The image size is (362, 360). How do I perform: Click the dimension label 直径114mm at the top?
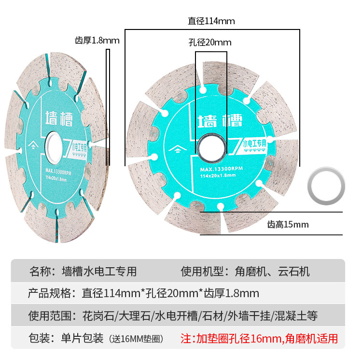point(211,21)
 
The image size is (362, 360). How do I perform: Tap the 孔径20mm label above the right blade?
point(209,43)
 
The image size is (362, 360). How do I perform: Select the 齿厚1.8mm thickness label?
point(97,40)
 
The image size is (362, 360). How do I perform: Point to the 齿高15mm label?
point(288,224)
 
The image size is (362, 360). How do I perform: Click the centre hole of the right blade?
point(212,145)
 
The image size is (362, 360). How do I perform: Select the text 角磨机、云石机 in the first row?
point(272,271)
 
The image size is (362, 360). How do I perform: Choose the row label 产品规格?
point(50,293)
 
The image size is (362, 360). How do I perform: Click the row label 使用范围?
point(50,316)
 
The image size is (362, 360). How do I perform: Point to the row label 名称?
point(42,271)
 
